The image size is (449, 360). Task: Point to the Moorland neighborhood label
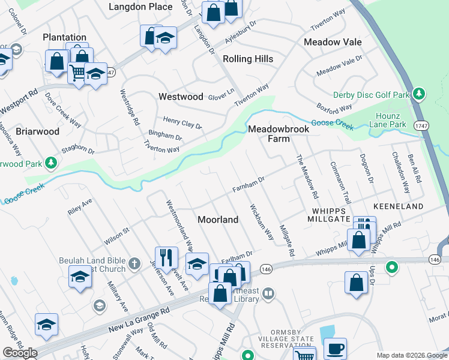pyautogui.click(x=218, y=220)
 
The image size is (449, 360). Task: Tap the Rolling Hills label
pyautogui.click(x=248, y=59)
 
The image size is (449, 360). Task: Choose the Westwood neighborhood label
pyautogui.click(x=181, y=96)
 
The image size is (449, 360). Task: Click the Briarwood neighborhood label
pyautogui.click(x=37, y=131)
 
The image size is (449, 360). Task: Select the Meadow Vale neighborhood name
pyautogui.click(x=333, y=42)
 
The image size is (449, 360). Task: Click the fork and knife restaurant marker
pyautogui.click(x=166, y=257)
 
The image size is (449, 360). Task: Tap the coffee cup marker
pyautogui.click(x=335, y=347)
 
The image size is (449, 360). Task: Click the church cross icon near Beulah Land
pyautogui.click(x=135, y=263)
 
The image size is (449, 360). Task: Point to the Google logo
pyautogui.click(x=20, y=353)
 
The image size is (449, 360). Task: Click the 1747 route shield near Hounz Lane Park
pyautogui.click(x=421, y=124)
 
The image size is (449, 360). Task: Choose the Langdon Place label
pyautogui.click(x=139, y=6)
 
